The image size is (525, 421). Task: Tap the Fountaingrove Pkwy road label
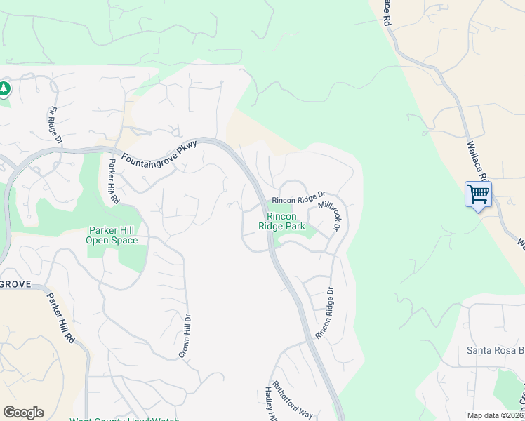(160, 152)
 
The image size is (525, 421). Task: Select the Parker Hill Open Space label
(112, 235)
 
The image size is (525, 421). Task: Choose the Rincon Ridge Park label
(281, 221)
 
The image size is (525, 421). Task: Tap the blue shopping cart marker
(478, 193)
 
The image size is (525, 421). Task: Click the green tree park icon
(5, 88)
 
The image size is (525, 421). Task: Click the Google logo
(23, 413)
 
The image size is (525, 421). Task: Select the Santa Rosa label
(496, 350)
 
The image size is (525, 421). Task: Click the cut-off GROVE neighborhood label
(14, 284)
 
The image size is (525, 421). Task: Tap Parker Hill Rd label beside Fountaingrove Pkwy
(112, 180)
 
